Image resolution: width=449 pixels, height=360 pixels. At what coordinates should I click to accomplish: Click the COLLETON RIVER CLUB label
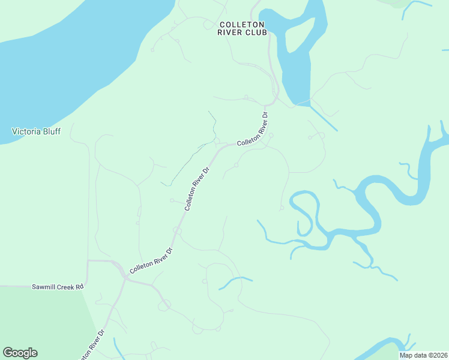coord(243,28)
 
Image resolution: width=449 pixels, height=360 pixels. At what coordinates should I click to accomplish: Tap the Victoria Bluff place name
coord(37,131)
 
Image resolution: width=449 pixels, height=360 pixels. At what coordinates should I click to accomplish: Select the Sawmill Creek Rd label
coord(57,287)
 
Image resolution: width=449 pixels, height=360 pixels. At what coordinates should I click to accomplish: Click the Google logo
coord(20,353)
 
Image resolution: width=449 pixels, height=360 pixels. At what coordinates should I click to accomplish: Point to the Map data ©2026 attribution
coord(423,355)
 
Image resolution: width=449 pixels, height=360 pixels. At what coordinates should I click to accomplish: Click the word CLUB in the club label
coord(256,32)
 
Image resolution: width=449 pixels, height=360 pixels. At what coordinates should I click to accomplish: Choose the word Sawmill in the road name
coord(44,287)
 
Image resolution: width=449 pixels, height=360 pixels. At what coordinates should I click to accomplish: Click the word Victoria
coord(26,131)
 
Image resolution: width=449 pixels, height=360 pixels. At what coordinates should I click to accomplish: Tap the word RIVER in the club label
coord(231,32)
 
